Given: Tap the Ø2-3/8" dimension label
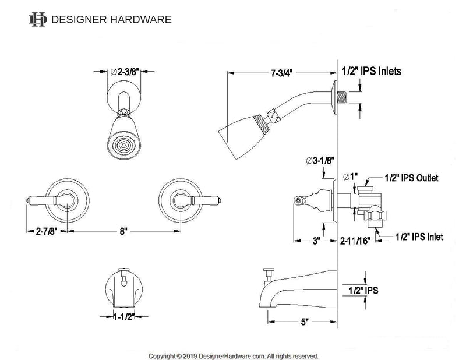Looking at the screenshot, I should (124, 72).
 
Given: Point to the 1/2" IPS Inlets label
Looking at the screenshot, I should (370, 73).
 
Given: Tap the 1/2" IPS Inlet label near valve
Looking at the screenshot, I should (419, 237).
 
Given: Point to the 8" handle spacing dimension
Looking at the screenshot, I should (122, 231).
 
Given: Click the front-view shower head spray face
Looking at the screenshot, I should (123, 144).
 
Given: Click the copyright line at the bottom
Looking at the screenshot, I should (233, 355).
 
